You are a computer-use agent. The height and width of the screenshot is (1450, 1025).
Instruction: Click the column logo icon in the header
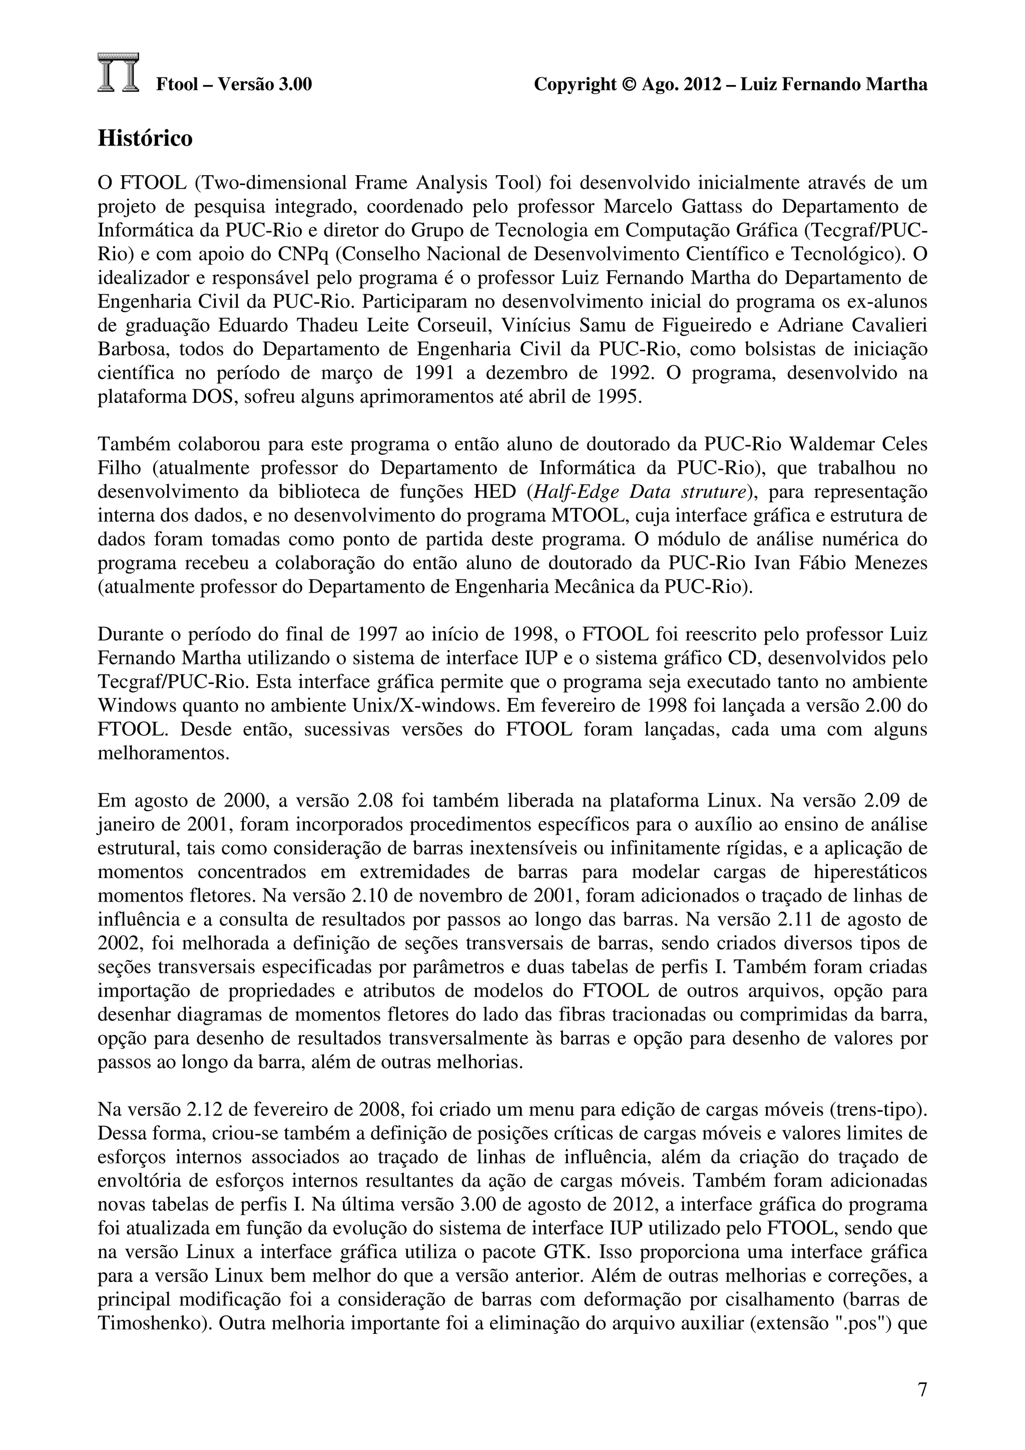pyautogui.click(x=118, y=73)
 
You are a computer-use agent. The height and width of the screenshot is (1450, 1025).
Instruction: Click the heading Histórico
pyautogui.click(x=145, y=138)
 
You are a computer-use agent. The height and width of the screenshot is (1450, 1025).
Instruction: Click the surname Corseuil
pyautogui.click(x=456, y=325)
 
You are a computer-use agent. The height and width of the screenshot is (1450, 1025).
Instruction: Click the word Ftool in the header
pyautogui.click(x=178, y=84)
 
